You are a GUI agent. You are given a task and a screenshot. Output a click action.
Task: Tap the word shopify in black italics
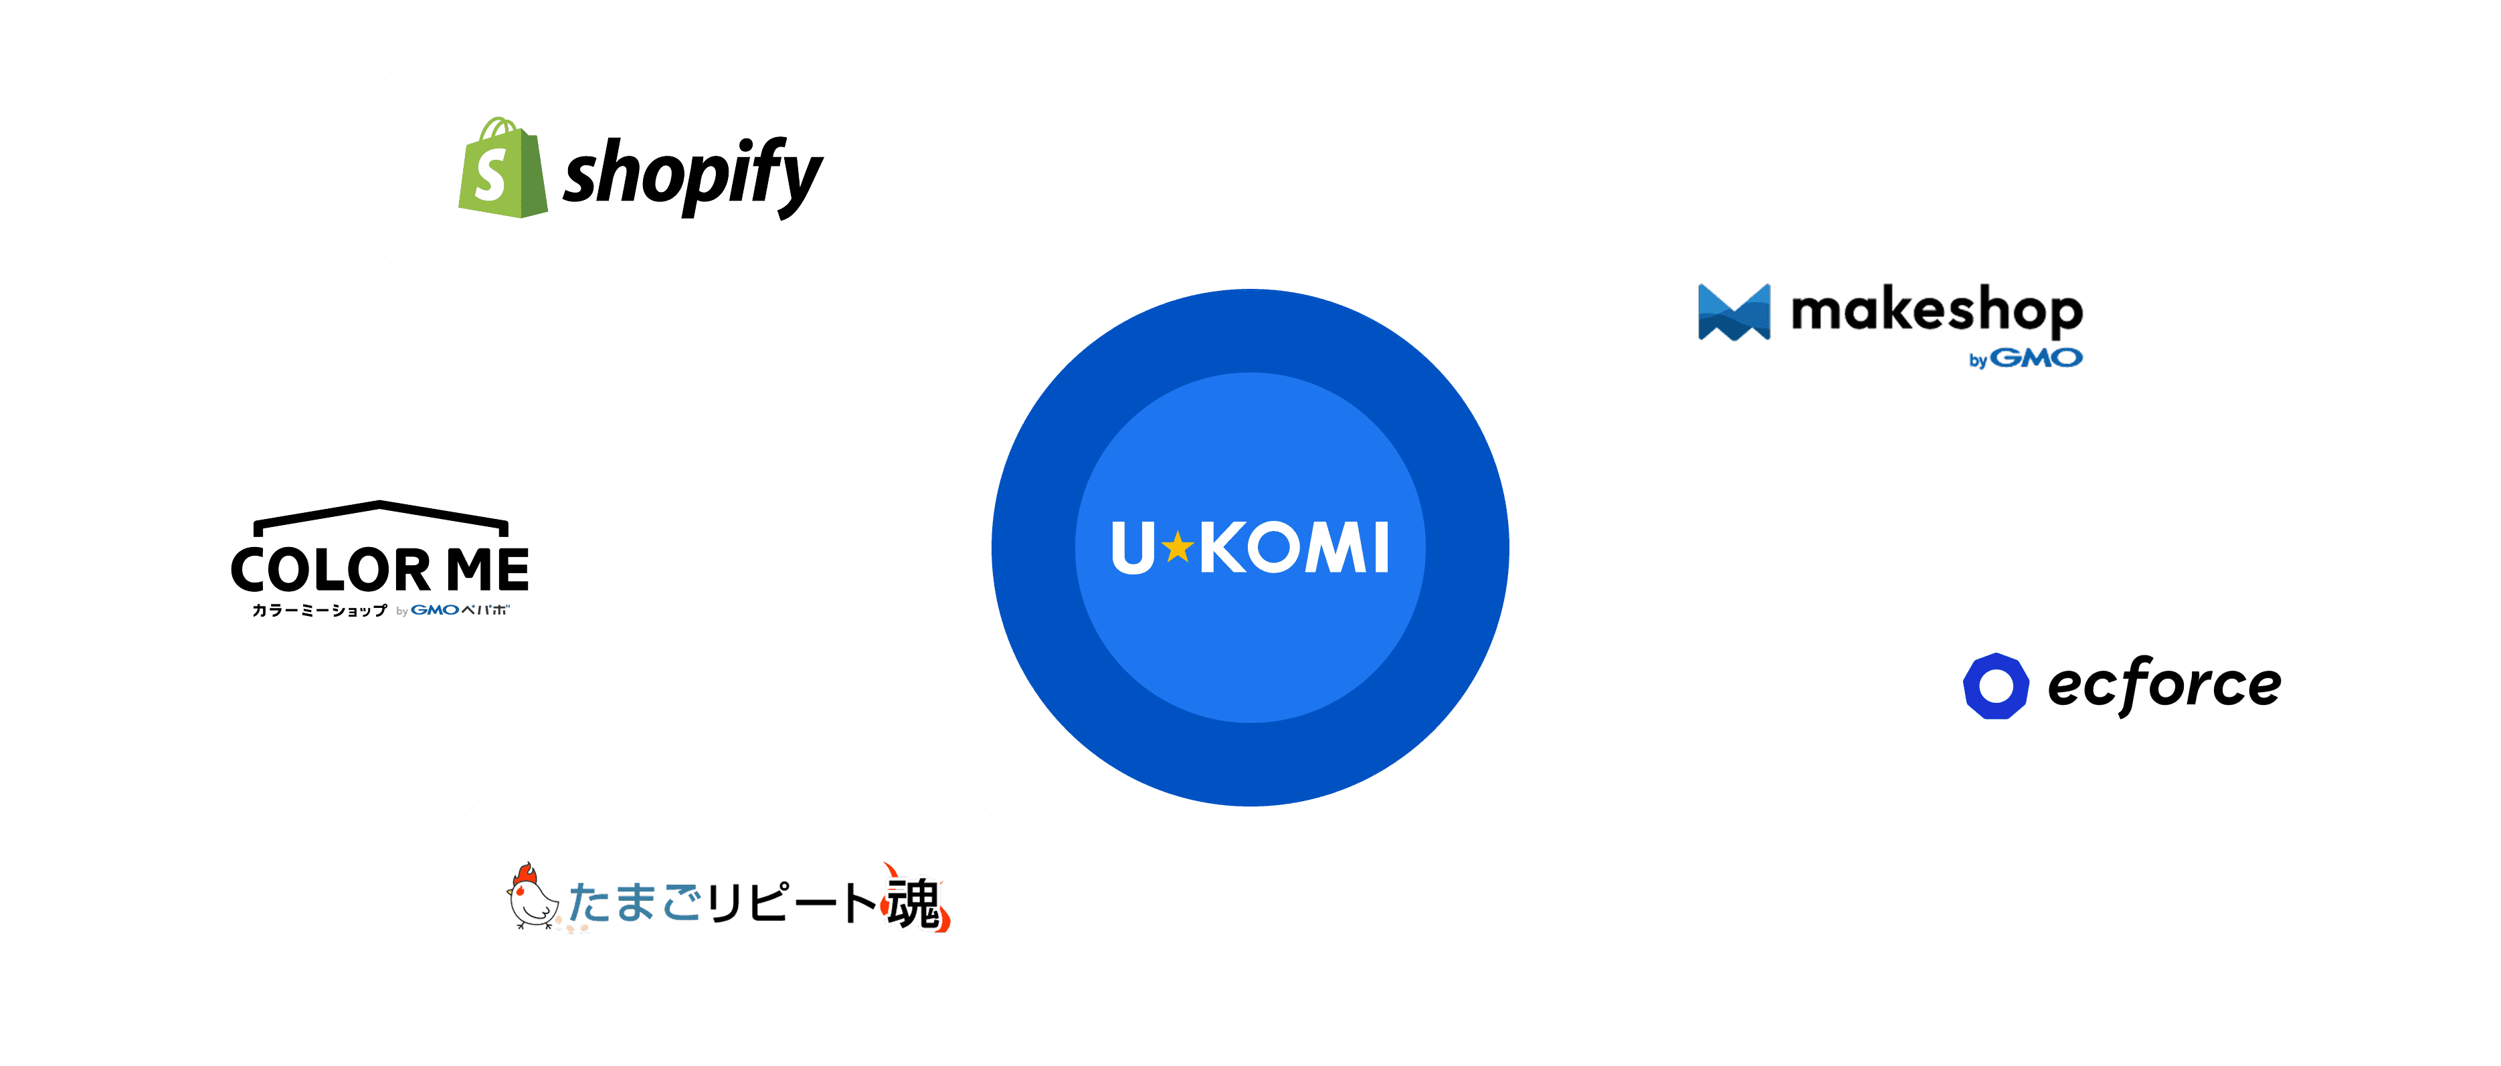(693, 176)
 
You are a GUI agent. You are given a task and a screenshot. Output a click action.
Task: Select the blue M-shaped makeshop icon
(1734, 312)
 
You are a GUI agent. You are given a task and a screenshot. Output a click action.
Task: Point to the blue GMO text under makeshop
(2037, 358)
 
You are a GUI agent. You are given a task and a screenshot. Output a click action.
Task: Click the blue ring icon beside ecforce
(1996, 685)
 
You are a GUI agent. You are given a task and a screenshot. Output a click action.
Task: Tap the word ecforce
(2164, 685)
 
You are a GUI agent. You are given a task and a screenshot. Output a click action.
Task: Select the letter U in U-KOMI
(1133, 548)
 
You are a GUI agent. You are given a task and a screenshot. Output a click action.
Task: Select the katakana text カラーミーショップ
(319, 611)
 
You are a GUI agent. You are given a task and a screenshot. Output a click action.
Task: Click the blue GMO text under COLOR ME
(435, 611)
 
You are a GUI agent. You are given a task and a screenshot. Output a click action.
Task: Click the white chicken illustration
(533, 898)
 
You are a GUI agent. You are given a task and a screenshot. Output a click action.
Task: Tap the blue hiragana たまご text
(635, 903)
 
